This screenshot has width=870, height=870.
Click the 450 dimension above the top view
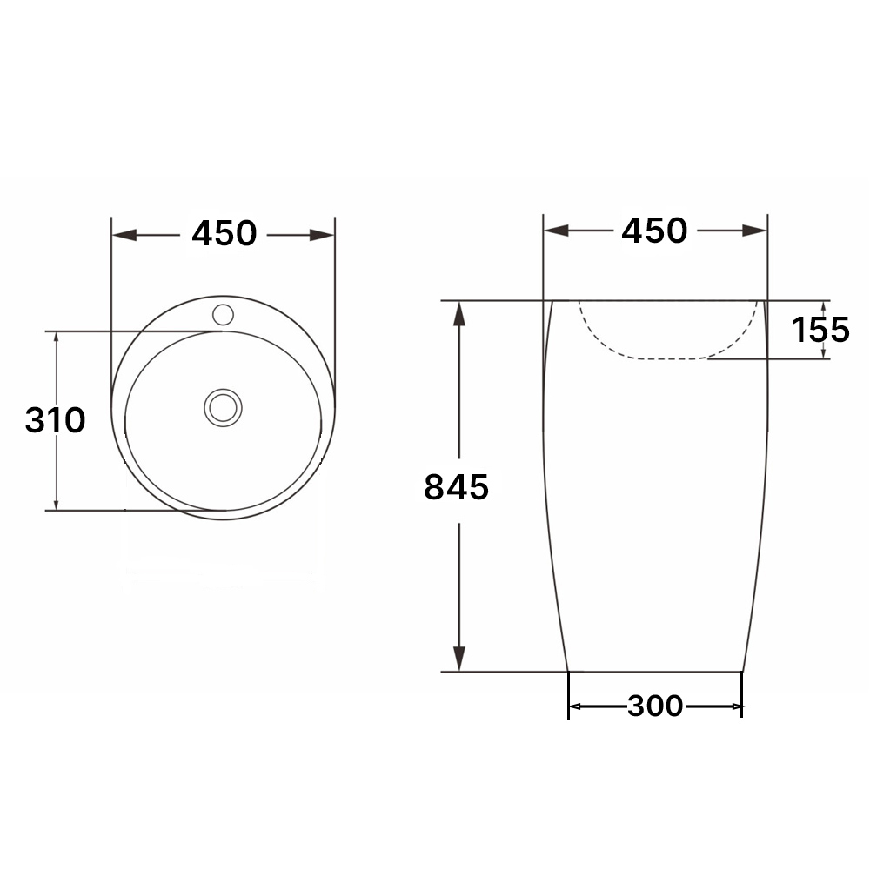(x=224, y=233)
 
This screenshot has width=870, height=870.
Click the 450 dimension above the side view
(x=654, y=231)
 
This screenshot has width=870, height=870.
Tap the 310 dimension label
(x=55, y=420)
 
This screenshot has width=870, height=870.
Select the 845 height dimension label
(x=456, y=487)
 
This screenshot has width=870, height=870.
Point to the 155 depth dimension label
(x=820, y=330)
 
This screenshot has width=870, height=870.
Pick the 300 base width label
(x=655, y=706)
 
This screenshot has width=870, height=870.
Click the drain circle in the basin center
(x=223, y=408)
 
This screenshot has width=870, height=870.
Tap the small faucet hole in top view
(x=223, y=315)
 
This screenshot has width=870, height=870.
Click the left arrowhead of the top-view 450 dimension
(x=124, y=235)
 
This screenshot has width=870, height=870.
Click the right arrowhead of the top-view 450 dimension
(x=322, y=235)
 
